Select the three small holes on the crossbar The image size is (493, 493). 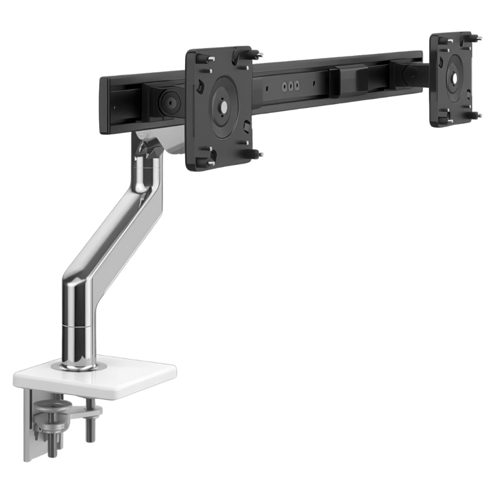point(290,86)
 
